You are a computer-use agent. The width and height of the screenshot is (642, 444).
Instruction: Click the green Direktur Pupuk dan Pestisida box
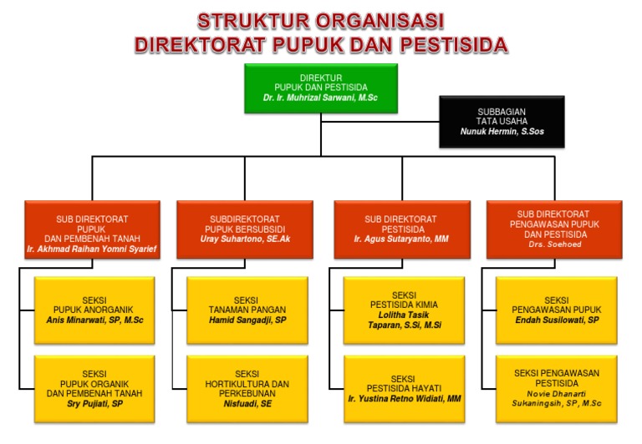coord(321,88)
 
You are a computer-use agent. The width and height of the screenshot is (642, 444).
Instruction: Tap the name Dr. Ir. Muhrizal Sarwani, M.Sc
coord(321,98)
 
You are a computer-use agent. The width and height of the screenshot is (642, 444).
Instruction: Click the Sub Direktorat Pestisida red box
coord(395,229)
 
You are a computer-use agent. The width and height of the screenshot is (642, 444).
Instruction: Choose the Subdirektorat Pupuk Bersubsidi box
coord(247,229)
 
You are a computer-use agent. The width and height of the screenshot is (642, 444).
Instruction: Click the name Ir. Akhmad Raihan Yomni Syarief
coord(91,249)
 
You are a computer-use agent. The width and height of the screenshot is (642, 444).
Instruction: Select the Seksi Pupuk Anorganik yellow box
coord(95,309)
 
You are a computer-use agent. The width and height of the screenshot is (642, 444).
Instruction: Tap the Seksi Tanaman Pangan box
coord(247,309)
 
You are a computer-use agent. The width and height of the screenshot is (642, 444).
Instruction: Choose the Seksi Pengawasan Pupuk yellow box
coord(556,309)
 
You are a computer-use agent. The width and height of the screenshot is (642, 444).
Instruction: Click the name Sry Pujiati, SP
coord(95,403)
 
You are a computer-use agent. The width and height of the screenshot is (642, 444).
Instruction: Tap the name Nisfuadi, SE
coord(247,404)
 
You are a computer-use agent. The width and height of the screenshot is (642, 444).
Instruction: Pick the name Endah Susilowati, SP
coord(556,320)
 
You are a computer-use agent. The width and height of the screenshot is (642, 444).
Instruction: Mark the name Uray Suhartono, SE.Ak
coord(247,239)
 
